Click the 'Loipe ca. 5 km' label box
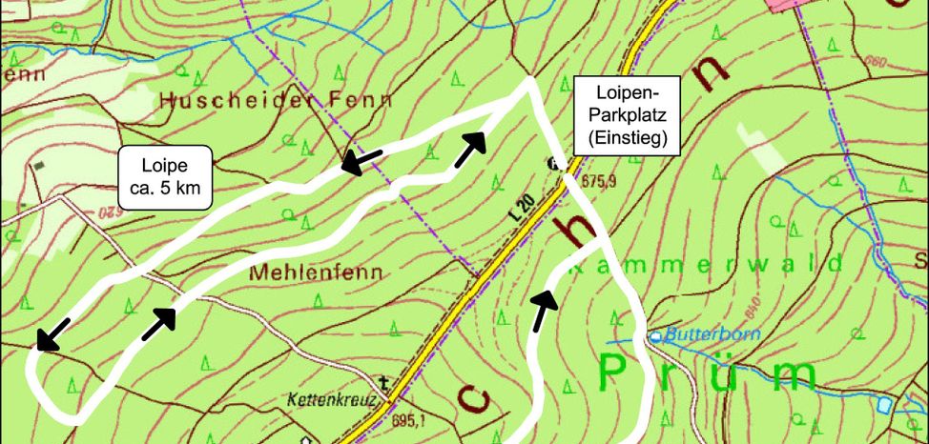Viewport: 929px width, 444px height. (x=166, y=176)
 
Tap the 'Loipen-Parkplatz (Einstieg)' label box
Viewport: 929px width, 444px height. (x=627, y=115)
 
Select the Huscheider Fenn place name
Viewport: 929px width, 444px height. (x=277, y=98)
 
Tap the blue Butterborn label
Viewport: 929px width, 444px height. (x=698, y=334)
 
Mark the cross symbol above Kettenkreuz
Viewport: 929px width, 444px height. (x=383, y=384)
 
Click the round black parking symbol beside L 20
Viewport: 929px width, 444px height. (x=553, y=163)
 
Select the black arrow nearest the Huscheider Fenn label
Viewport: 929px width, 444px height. (x=363, y=160)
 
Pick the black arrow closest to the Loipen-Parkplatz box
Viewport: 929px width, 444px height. (x=470, y=150)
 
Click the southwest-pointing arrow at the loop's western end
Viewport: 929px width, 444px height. (x=52, y=333)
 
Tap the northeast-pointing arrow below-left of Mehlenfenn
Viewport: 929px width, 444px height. (x=159, y=323)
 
